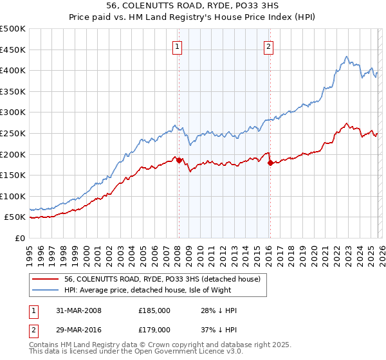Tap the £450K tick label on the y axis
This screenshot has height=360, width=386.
pyautogui.click(x=13, y=50)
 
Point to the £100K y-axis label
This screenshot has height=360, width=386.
pyautogui.click(x=13, y=196)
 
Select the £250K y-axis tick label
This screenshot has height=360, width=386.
pyautogui.click(x=13, y=133)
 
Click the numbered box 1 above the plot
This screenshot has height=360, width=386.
pyautogui.click(x=177, y=46)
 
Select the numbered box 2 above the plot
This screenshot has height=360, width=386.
pyautogui.click(x=268, y=46)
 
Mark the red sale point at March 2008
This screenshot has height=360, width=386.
pyautogui.click(x=179, y=160)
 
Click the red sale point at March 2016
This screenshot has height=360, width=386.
pyautogui.click(x=270, y=163)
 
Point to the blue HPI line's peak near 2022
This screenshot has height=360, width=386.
pyautogui.click(x=346, y=57)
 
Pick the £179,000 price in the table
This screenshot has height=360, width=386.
pyautogui.click(x=154, y=329)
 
